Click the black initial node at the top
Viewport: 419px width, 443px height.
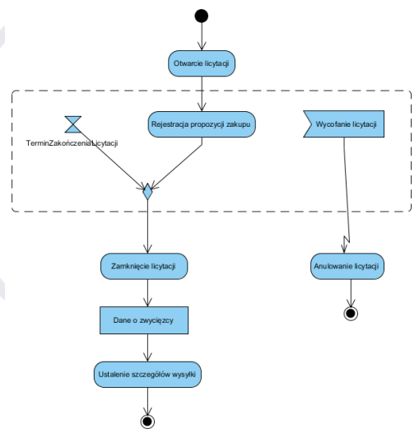201,16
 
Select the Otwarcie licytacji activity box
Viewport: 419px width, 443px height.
202,63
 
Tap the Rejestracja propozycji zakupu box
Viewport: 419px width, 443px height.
202,124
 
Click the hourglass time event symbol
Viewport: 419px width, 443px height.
72,124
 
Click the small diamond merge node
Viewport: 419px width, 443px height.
147,193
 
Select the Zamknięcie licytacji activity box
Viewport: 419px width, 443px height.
147,267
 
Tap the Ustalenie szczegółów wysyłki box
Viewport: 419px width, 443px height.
147,373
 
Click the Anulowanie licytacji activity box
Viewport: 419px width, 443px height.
351,267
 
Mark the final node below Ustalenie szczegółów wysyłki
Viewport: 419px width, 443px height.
147,422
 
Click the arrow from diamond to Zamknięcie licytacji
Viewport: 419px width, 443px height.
147,226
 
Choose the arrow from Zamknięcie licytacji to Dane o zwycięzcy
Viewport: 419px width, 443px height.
147,292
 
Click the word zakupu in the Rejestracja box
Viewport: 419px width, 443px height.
238,124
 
